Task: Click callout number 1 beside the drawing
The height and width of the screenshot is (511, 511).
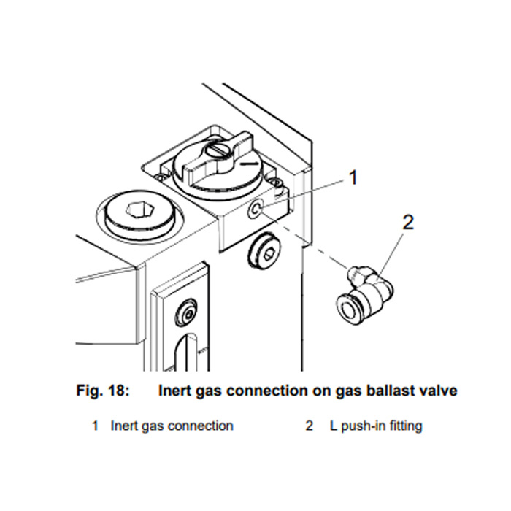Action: [353, 177]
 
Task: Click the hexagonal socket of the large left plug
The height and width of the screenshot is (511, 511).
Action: [139, 211]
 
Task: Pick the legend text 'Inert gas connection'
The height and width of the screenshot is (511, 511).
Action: [172, 426]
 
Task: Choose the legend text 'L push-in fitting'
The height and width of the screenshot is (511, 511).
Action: [374, 426]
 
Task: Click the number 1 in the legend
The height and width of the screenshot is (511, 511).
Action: [96, 426]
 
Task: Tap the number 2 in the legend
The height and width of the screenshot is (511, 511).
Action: [310, 426]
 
